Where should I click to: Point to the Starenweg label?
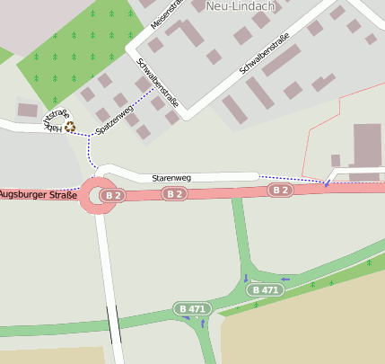tap(171, 178)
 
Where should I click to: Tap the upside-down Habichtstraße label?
tap(55, 120)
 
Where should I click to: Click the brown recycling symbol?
tap(70, 128)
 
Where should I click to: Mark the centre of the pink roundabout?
tap(98, 196)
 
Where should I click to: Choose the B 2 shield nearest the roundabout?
tap(111, 195)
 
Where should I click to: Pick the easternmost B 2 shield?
tap(280, 190)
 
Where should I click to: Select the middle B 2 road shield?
tap(174, 194)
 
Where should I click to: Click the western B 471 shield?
tap(191, 308)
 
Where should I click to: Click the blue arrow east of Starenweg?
tap(328, 183)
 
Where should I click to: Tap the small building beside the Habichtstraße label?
tap(28, 110)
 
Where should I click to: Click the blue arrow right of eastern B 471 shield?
tap(286, 280)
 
